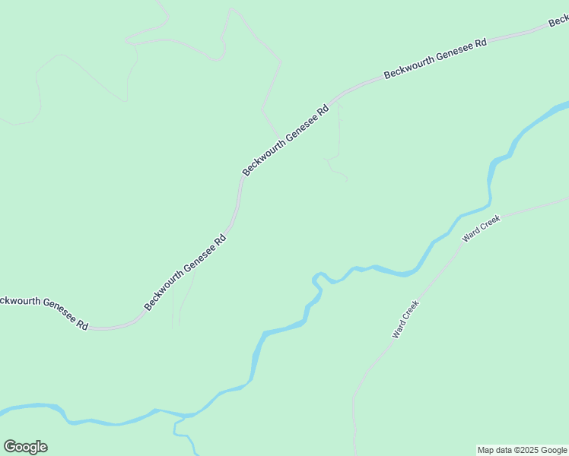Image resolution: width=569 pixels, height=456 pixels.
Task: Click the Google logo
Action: point(25,447)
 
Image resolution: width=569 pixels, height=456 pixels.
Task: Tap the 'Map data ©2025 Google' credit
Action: point(523,450)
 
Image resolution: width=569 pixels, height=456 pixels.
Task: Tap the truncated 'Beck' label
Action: point(559,21)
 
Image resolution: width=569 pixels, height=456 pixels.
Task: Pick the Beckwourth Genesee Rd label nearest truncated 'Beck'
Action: point(435,59)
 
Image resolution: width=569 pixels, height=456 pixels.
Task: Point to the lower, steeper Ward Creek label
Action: point(405,319)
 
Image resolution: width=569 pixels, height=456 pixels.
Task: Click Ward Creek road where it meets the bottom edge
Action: point(355,452)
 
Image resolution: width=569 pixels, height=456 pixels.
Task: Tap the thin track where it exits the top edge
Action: point(158,2)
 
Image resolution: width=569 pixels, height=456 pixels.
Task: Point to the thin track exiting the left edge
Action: point(3,119)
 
